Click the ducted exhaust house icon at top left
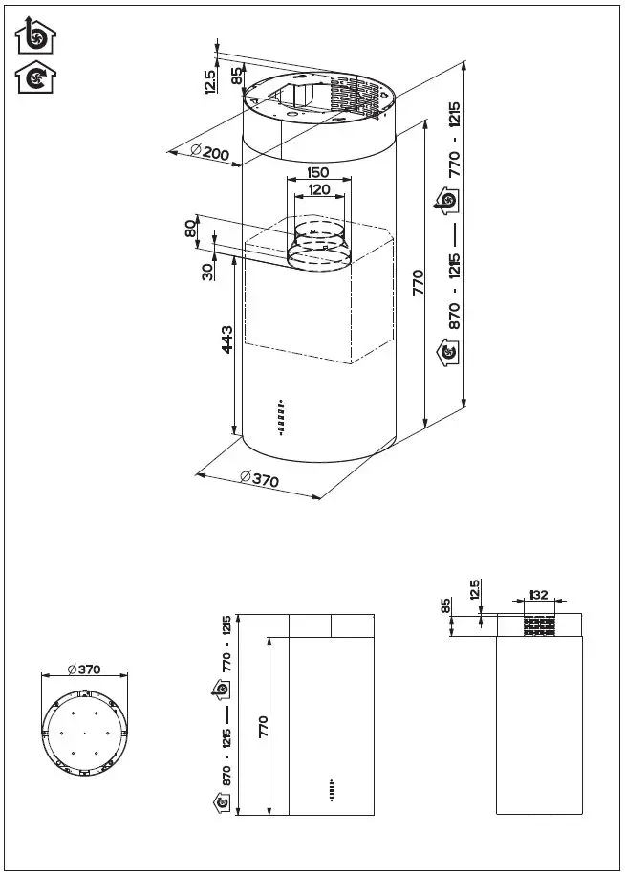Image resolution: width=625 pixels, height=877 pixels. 36,36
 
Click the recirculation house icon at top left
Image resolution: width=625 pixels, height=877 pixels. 36,77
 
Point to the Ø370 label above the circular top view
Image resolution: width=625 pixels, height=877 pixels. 84,669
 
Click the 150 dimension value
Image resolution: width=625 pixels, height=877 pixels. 318,173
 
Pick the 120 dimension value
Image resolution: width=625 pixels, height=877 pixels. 318,189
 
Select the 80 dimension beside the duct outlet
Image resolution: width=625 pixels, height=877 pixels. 190,230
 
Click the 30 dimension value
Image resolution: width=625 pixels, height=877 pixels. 207,271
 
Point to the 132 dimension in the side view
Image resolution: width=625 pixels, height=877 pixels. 539,595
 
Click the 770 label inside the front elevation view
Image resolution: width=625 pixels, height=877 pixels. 263,727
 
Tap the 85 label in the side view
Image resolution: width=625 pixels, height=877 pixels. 446,606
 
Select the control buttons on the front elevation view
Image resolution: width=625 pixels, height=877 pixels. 331,791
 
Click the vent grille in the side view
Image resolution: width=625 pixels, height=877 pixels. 539,626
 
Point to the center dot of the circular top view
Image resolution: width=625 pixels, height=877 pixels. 84,734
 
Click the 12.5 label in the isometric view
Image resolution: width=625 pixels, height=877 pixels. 209,82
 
